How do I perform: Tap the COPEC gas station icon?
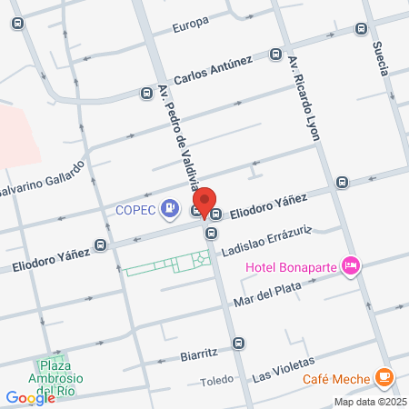coord(169,210)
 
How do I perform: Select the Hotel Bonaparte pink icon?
coord(353,266)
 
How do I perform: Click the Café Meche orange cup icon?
coord(385,375)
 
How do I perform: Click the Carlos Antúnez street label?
coord(213,70)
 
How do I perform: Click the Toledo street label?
coord(216,382)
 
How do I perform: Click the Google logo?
coord(30,397)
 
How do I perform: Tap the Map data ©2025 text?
coord(370,402)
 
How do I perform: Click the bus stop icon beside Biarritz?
coord(237,343)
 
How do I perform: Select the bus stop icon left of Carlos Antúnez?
coord(144,92)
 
